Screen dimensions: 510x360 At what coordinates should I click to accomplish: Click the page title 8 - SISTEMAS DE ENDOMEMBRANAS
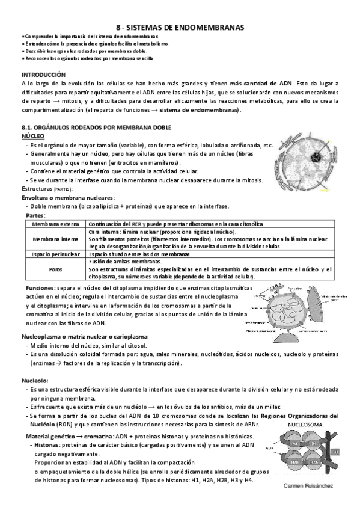tap(180, 27)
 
